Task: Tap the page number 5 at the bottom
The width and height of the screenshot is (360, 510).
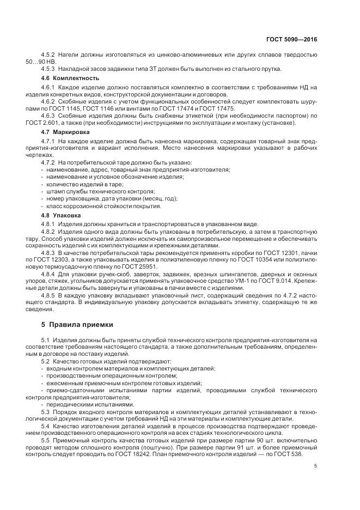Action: [x=316, y=466]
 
